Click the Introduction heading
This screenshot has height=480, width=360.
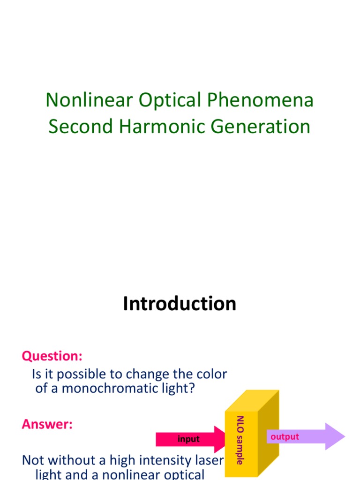click(180, 304)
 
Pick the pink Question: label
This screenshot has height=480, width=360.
click(52, 356)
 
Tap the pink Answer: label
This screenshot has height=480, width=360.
click(47, 425)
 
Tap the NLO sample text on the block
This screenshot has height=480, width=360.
click(240, 440)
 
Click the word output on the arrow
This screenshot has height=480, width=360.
click(285, 437)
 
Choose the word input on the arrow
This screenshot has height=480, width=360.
click(188, 439)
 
